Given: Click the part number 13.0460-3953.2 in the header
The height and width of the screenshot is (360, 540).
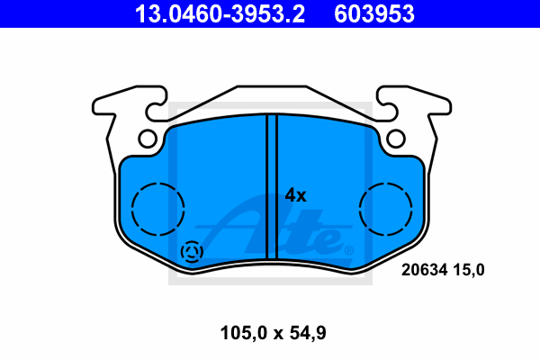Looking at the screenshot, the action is coord(220,14).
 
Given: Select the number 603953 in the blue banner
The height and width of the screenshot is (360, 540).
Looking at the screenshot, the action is coord(374,14).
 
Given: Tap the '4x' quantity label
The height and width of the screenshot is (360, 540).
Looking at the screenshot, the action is coord(295,195).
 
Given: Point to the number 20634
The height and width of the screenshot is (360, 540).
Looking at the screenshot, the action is coord(424,270).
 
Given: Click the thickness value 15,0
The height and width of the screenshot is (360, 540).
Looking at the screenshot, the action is coord(469,270).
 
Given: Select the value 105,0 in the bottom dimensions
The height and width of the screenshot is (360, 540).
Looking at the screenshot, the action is coord(244,333).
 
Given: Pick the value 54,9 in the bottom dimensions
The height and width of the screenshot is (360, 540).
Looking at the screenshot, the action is coord(308,333).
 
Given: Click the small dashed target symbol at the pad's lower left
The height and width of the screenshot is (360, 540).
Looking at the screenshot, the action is coord(193,252).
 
